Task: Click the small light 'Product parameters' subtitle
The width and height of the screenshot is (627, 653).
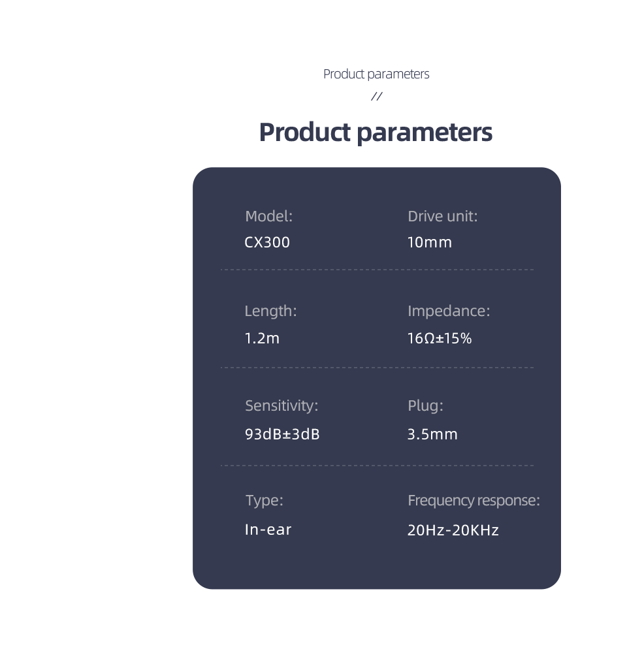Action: tap(376, 74)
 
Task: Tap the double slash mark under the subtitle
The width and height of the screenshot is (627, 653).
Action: tap(377, 97)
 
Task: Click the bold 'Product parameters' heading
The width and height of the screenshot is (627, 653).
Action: tap(376, 133)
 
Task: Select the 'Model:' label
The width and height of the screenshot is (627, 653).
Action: tap(268, 216)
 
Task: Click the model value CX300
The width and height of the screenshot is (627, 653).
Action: tap(267, 242)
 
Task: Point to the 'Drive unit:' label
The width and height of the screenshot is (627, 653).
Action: tap(442, 216)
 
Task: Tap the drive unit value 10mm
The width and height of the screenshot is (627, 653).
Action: tap(430, 242)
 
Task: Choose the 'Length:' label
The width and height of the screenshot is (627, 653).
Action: tap(271, 311)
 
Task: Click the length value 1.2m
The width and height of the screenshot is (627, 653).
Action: tap(262, 338)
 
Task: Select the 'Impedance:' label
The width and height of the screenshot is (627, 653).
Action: tap(449, 311)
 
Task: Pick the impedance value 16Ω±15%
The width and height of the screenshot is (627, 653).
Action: tap(440, 338)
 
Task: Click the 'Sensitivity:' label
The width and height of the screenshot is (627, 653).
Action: tap(281, 406)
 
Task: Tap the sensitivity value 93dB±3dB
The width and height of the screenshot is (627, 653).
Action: tap(282, 434)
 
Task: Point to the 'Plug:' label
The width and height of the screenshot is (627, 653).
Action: tap(425, 406)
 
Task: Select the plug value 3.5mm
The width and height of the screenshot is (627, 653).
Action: tap(432, 434)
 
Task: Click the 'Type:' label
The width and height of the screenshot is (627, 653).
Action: tap(264, 501)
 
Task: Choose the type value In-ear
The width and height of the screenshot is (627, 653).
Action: tap(268, 530)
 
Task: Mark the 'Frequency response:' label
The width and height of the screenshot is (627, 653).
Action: tap(474, 501)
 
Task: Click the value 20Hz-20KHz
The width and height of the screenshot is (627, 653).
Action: tap(453, 530)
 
